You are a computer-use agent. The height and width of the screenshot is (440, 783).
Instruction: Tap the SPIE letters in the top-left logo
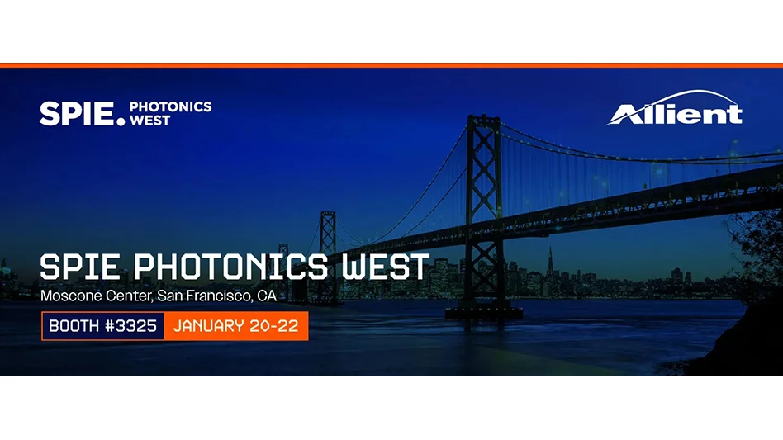(x=76, y=113)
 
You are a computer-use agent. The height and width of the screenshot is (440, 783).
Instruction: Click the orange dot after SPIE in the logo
(x=121, y=121)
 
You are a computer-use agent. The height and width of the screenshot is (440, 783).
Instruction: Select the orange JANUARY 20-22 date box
(x=235, y=325)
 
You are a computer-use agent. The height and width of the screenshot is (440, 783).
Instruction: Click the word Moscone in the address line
(x=65, y=295)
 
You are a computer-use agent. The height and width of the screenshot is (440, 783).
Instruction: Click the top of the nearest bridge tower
(x=482, y=121)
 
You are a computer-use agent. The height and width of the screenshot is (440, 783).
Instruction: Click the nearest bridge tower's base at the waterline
(x=483, y=312)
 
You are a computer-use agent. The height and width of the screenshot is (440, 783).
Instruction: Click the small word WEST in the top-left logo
(x=150, y=121)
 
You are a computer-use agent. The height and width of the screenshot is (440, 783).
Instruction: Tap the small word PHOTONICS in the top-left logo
(x=170, y=106)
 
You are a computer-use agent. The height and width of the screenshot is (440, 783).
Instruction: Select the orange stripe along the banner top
(x=391, y=65)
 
